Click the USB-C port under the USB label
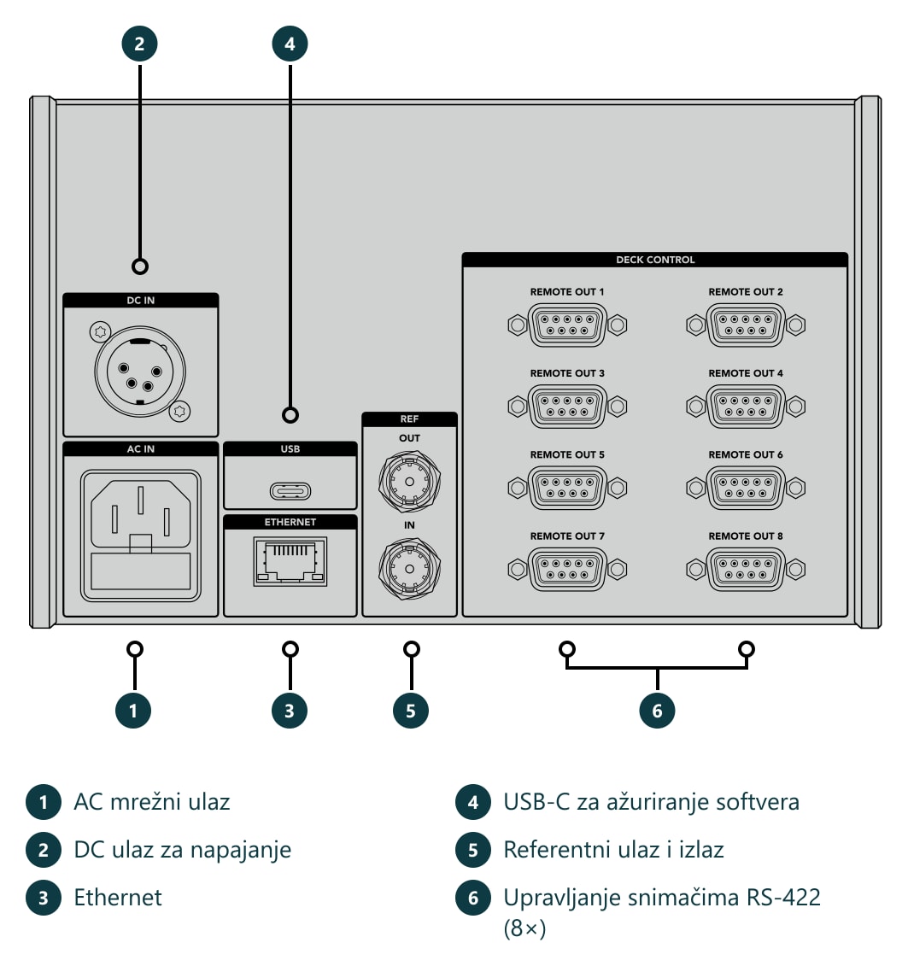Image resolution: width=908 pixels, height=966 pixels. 290,491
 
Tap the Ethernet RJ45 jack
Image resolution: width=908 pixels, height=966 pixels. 290,560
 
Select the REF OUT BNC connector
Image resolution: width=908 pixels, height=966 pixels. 410,481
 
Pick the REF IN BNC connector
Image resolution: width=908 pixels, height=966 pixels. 410,569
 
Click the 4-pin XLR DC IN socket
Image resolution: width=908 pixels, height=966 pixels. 140,372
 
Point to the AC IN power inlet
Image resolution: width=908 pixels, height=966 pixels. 140,536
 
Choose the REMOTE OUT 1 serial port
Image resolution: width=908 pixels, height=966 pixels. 567,325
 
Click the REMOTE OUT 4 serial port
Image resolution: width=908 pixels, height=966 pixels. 746,407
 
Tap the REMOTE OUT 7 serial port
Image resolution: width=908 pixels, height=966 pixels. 567,569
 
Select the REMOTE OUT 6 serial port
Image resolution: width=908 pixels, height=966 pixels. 746,488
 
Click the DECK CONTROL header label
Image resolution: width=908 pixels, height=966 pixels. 655,260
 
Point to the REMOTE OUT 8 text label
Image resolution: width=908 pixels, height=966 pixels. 746,536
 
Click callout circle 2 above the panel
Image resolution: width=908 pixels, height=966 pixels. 140,44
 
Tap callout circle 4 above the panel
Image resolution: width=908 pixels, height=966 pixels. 290,44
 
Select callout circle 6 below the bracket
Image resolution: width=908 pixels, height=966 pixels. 657,711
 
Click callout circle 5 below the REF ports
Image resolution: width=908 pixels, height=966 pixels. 411,711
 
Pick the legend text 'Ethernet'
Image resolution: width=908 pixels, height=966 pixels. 118,898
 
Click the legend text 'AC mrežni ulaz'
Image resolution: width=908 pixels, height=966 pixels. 152,801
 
